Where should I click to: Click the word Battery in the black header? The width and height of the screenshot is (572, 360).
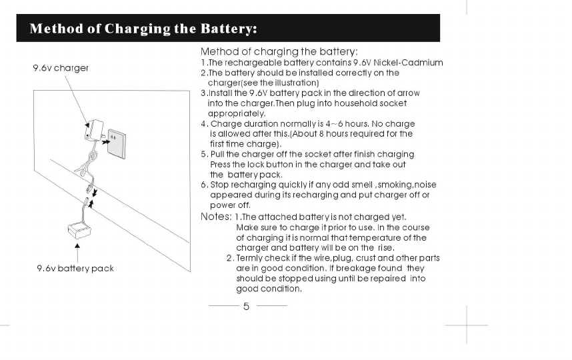point(226,29)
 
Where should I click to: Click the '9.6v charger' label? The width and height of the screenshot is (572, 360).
point(61,68)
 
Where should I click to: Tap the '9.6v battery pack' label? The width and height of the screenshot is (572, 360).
point(75,268)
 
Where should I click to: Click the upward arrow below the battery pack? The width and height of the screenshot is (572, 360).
point(79,253)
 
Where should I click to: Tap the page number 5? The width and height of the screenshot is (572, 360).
point(246,307)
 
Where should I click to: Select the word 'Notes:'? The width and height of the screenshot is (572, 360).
point(215,217)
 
